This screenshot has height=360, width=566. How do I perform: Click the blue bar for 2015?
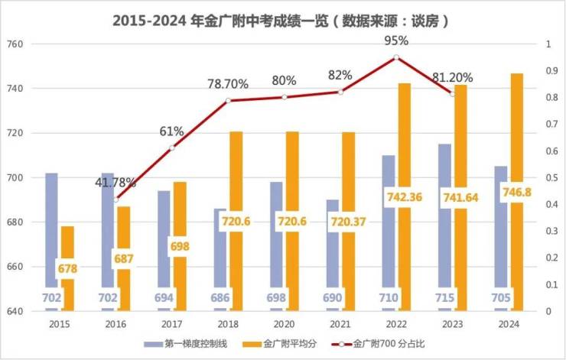pyautogui.click(x=51, y=229)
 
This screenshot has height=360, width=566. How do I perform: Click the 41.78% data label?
pyautogui.click(x=115, y=183)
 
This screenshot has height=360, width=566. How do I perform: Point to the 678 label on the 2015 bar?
pyautogui.click(x=67, y=269)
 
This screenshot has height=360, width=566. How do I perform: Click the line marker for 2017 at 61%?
pyautogui.click(x=171, y=148)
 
